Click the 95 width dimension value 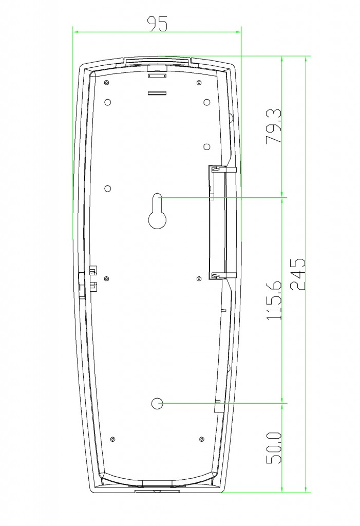coord(158,24)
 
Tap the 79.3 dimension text coord(274,126)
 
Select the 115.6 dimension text coord(274,300)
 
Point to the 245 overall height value coord(297,274)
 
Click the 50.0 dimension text coord(274,448)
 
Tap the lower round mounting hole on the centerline coord(157,404)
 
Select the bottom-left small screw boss coord(113,440)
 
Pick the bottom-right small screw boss coord(202,439)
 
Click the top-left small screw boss coord(106,83)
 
